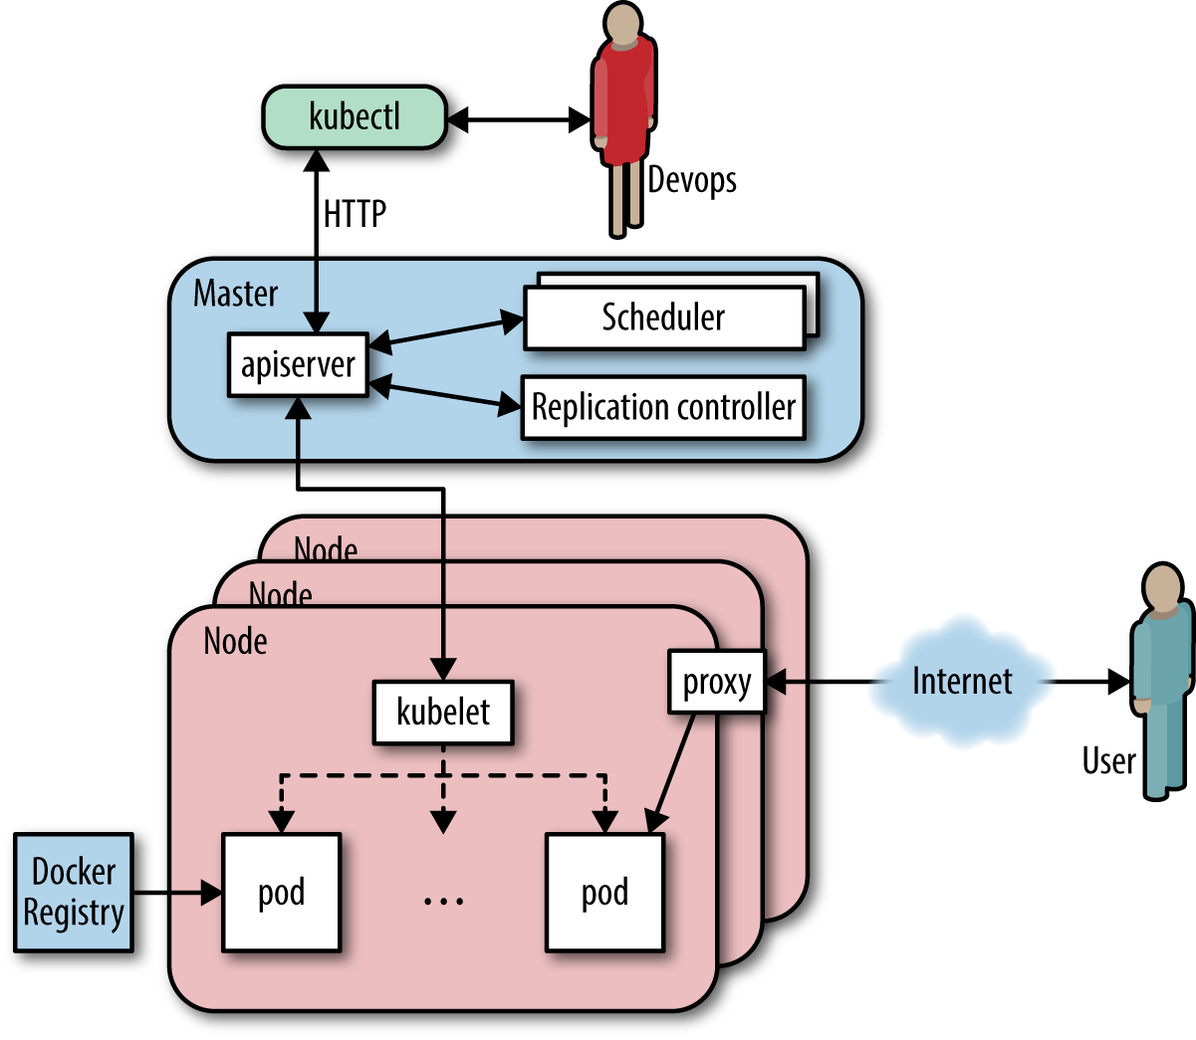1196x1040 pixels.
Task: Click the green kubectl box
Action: (x=355, y=117)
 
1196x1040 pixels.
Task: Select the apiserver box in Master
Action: (x=298, y=365)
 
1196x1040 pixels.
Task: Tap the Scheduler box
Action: (x=664, y=317)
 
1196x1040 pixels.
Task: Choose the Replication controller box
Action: (x=663, y=407)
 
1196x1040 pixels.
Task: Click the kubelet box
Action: (x=444, y=713)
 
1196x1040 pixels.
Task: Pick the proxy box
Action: (x=717, y=682)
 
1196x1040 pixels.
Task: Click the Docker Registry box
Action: (x=74, y=892)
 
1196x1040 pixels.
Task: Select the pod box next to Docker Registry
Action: (x=281, y=892)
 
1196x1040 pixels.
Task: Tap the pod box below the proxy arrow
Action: (x=605, y=892)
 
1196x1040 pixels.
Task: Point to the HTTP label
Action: (x=355, y=214)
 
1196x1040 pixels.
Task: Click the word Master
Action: (x=236, y=294)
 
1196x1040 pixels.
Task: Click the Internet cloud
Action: (x=962, y=682)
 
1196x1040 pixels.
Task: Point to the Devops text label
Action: (x=692, y=179)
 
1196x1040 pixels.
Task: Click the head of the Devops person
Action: (x=623, y=23)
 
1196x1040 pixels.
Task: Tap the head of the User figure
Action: (x=1163, y=586)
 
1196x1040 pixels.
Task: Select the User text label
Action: (x=1109, y=760)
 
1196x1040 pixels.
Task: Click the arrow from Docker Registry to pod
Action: (x=178, y=893)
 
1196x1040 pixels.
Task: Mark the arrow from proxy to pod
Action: (x=671, y=773)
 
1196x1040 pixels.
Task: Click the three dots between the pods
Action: (x=444, y=901)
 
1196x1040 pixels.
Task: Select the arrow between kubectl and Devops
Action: (x=519, y=119)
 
